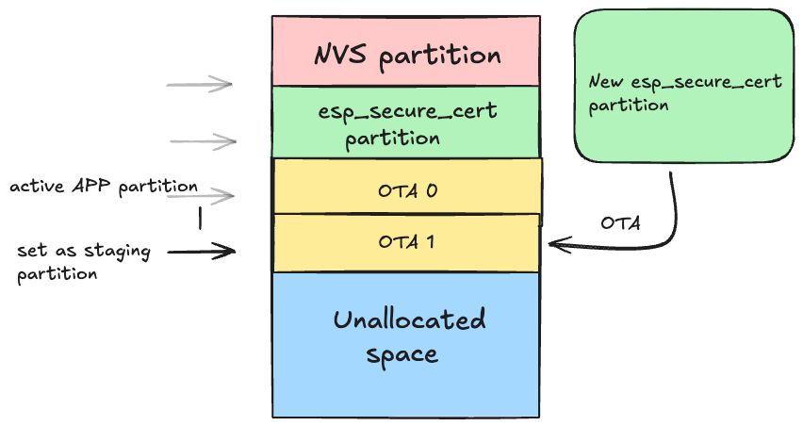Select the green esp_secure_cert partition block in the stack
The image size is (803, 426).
[x=405, y=123]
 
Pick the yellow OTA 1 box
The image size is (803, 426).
[x=407, y=241]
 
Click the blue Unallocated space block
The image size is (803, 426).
[x=407, y=344]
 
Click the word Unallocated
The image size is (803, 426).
[x=409, y=320]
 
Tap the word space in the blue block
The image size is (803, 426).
[x=401, y=355]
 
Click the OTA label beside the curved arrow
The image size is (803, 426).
[x=620, y=223]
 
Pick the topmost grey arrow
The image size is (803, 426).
[x=199, y=85]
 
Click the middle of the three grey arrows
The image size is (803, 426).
[x=203, y=141]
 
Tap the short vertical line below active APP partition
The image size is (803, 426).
[x=200, y=218]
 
